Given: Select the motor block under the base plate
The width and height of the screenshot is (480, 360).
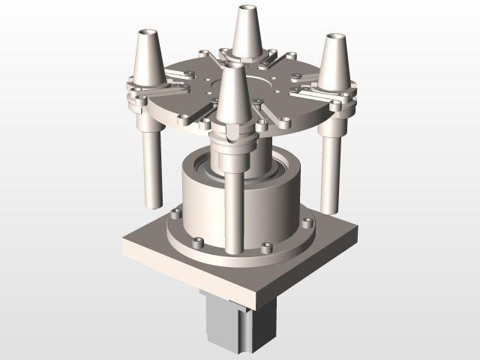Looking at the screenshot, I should click(232, 322).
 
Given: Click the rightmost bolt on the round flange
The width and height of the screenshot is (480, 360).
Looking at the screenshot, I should click(307, 223).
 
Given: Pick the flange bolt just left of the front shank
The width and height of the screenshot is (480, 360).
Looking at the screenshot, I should click(197, 241).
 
